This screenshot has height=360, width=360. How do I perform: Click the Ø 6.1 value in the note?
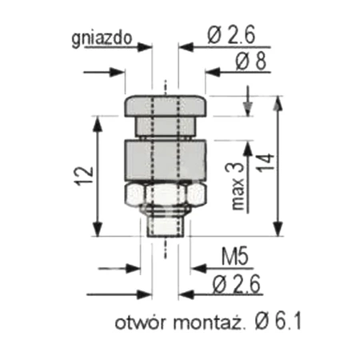point(278,322)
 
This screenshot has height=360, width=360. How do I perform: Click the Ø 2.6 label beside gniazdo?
point(231,36)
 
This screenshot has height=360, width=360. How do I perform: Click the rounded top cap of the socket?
point(166,105)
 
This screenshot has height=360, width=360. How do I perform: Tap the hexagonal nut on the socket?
point(166,194)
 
